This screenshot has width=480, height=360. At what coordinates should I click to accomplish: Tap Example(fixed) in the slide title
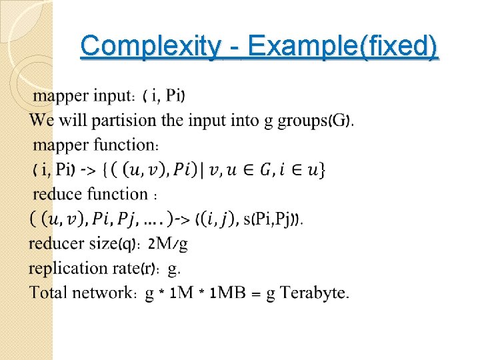(x=341, y=47)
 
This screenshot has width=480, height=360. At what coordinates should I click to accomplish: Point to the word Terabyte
(x=314, y=292)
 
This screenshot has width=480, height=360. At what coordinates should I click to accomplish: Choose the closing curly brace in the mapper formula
(x=323, y=169)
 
